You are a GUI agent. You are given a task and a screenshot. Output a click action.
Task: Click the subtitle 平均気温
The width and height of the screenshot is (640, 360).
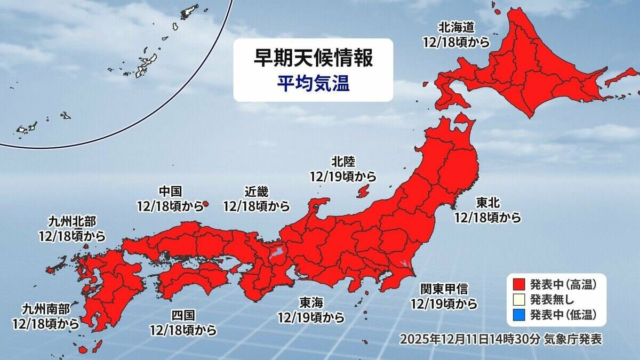pos(313,84)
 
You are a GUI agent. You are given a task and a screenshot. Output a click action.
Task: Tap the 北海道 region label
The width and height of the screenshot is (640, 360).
pos(455,28)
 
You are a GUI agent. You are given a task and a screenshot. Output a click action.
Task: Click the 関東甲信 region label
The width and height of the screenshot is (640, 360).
pos(443,290)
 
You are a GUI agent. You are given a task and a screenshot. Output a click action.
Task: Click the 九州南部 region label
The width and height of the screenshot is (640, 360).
pos(45,309)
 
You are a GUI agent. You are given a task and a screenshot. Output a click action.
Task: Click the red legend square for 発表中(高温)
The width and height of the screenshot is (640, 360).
pos(517,283)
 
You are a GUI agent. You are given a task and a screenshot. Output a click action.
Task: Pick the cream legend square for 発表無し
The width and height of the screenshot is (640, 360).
pos(517,299)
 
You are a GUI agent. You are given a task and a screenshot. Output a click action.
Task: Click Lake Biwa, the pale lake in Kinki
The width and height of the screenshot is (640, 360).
pos(276,251)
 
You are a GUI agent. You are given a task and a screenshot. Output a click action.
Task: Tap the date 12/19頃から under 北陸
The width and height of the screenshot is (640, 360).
pos(342,175)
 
